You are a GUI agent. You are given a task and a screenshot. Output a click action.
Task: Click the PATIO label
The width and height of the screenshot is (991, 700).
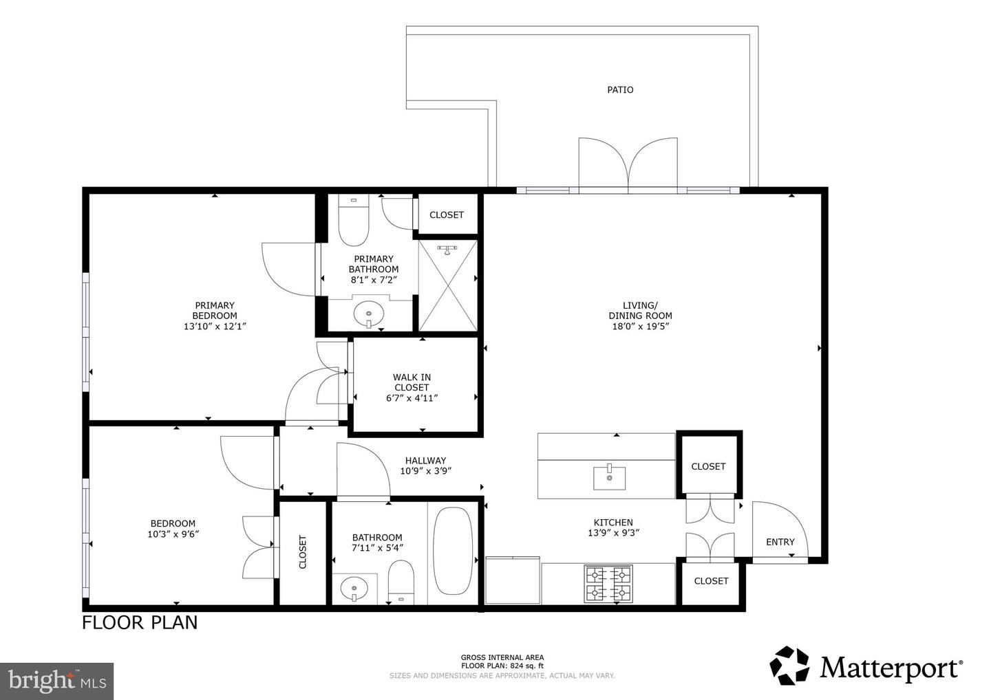(620, 89)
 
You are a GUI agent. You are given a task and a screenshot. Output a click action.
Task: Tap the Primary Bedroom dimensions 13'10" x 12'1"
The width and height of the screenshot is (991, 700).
(215, 327)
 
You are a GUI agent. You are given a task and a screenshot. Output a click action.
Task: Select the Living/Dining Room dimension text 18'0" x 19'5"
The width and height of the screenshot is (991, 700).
(640, 327)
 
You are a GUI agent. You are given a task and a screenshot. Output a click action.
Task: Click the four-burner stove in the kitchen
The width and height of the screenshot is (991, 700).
(608, 583)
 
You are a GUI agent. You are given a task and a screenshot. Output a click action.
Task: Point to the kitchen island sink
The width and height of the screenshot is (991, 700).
(610, 477)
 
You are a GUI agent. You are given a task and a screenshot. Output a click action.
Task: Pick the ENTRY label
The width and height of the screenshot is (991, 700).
(780, 542)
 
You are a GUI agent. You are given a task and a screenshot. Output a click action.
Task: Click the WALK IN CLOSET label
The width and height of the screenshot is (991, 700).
(412, 382)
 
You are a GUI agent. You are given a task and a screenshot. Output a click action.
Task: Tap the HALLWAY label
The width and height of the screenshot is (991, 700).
(425, 461)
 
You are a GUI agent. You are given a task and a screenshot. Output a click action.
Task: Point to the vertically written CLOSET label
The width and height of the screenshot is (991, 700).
(303, 552)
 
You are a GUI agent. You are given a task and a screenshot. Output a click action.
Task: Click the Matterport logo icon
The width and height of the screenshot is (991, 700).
(790, 666)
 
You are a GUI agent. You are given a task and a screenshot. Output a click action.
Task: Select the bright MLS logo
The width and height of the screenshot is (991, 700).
(56, 681)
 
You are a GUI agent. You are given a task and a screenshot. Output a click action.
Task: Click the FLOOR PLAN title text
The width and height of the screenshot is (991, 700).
(140, 622)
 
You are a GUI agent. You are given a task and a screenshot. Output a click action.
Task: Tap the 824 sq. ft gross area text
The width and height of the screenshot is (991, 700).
(502, 666)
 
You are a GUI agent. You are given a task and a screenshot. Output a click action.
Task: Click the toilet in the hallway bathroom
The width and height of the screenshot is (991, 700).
(400, 581)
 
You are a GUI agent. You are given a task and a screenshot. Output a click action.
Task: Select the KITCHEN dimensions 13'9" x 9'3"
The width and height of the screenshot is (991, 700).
(613, 532)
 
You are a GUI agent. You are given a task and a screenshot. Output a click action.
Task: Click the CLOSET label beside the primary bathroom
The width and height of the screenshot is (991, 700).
(447, 215)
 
